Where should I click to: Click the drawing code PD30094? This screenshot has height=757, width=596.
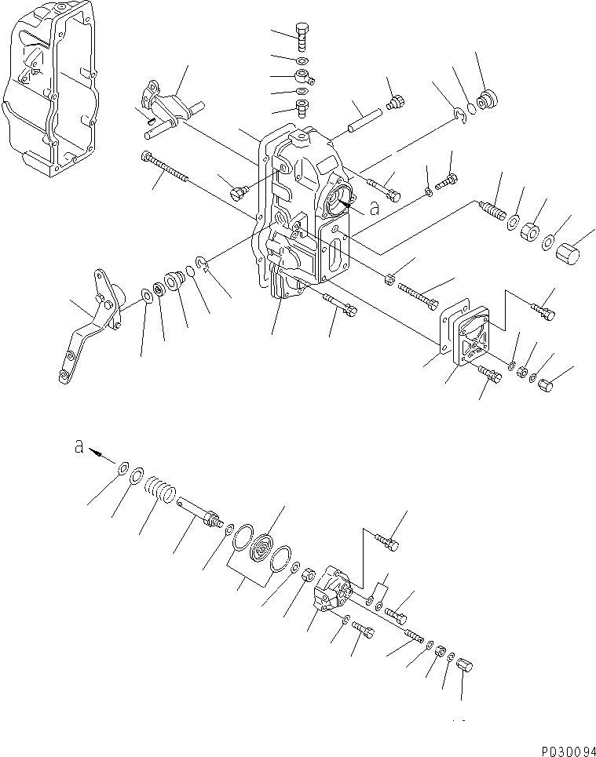pyautogui.click(x=561, y=748)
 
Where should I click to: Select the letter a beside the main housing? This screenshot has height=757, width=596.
pyautogui.click(x=374, y=209)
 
